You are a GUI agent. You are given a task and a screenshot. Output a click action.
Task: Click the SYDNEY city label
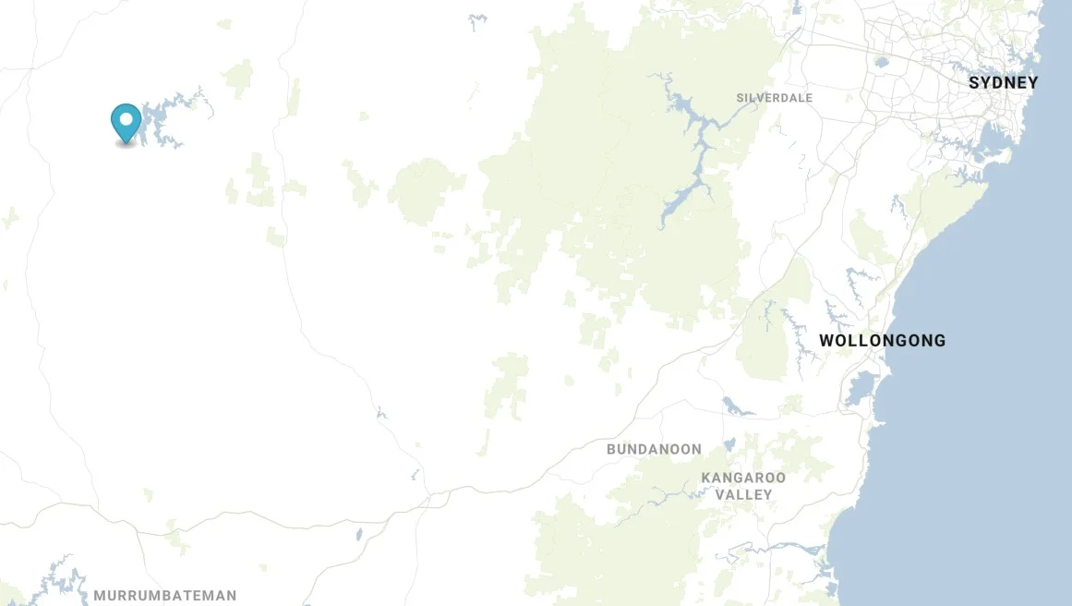click(x=1003, y=83)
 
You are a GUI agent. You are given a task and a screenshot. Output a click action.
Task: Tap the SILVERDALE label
click(x=774, y=98)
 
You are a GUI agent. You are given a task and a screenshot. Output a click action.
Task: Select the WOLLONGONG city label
click(x=882, y=341)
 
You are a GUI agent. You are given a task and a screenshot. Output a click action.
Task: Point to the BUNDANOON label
click(x=654, y=449)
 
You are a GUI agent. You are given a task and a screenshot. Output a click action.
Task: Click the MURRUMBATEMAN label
click(x=164, y=596)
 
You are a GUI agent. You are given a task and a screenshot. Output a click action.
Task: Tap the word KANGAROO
click(x=743, y=478)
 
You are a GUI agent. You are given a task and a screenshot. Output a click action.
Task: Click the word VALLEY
click(x=743, y=494)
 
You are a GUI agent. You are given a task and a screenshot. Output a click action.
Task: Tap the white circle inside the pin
click(x=126, y=118)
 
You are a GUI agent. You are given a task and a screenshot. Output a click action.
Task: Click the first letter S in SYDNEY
click(x=974, y=83)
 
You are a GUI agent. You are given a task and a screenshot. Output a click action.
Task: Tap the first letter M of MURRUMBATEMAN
click(x=99, y=596)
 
